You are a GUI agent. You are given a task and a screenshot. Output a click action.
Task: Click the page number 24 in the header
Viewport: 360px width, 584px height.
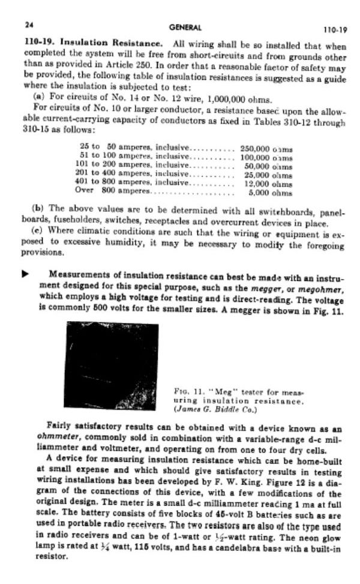pyautogui.click(x=28, y=26)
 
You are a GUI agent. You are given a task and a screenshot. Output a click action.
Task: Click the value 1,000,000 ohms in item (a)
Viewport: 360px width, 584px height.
pyautogui.click(x=238, y=100)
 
